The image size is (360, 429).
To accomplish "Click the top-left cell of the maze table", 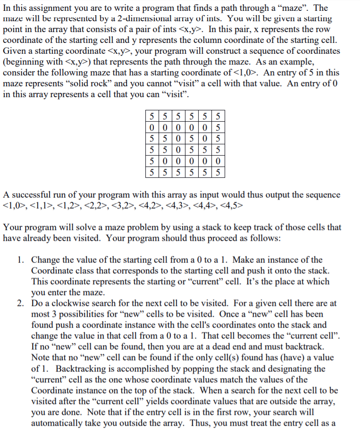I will tap(151, 115).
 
